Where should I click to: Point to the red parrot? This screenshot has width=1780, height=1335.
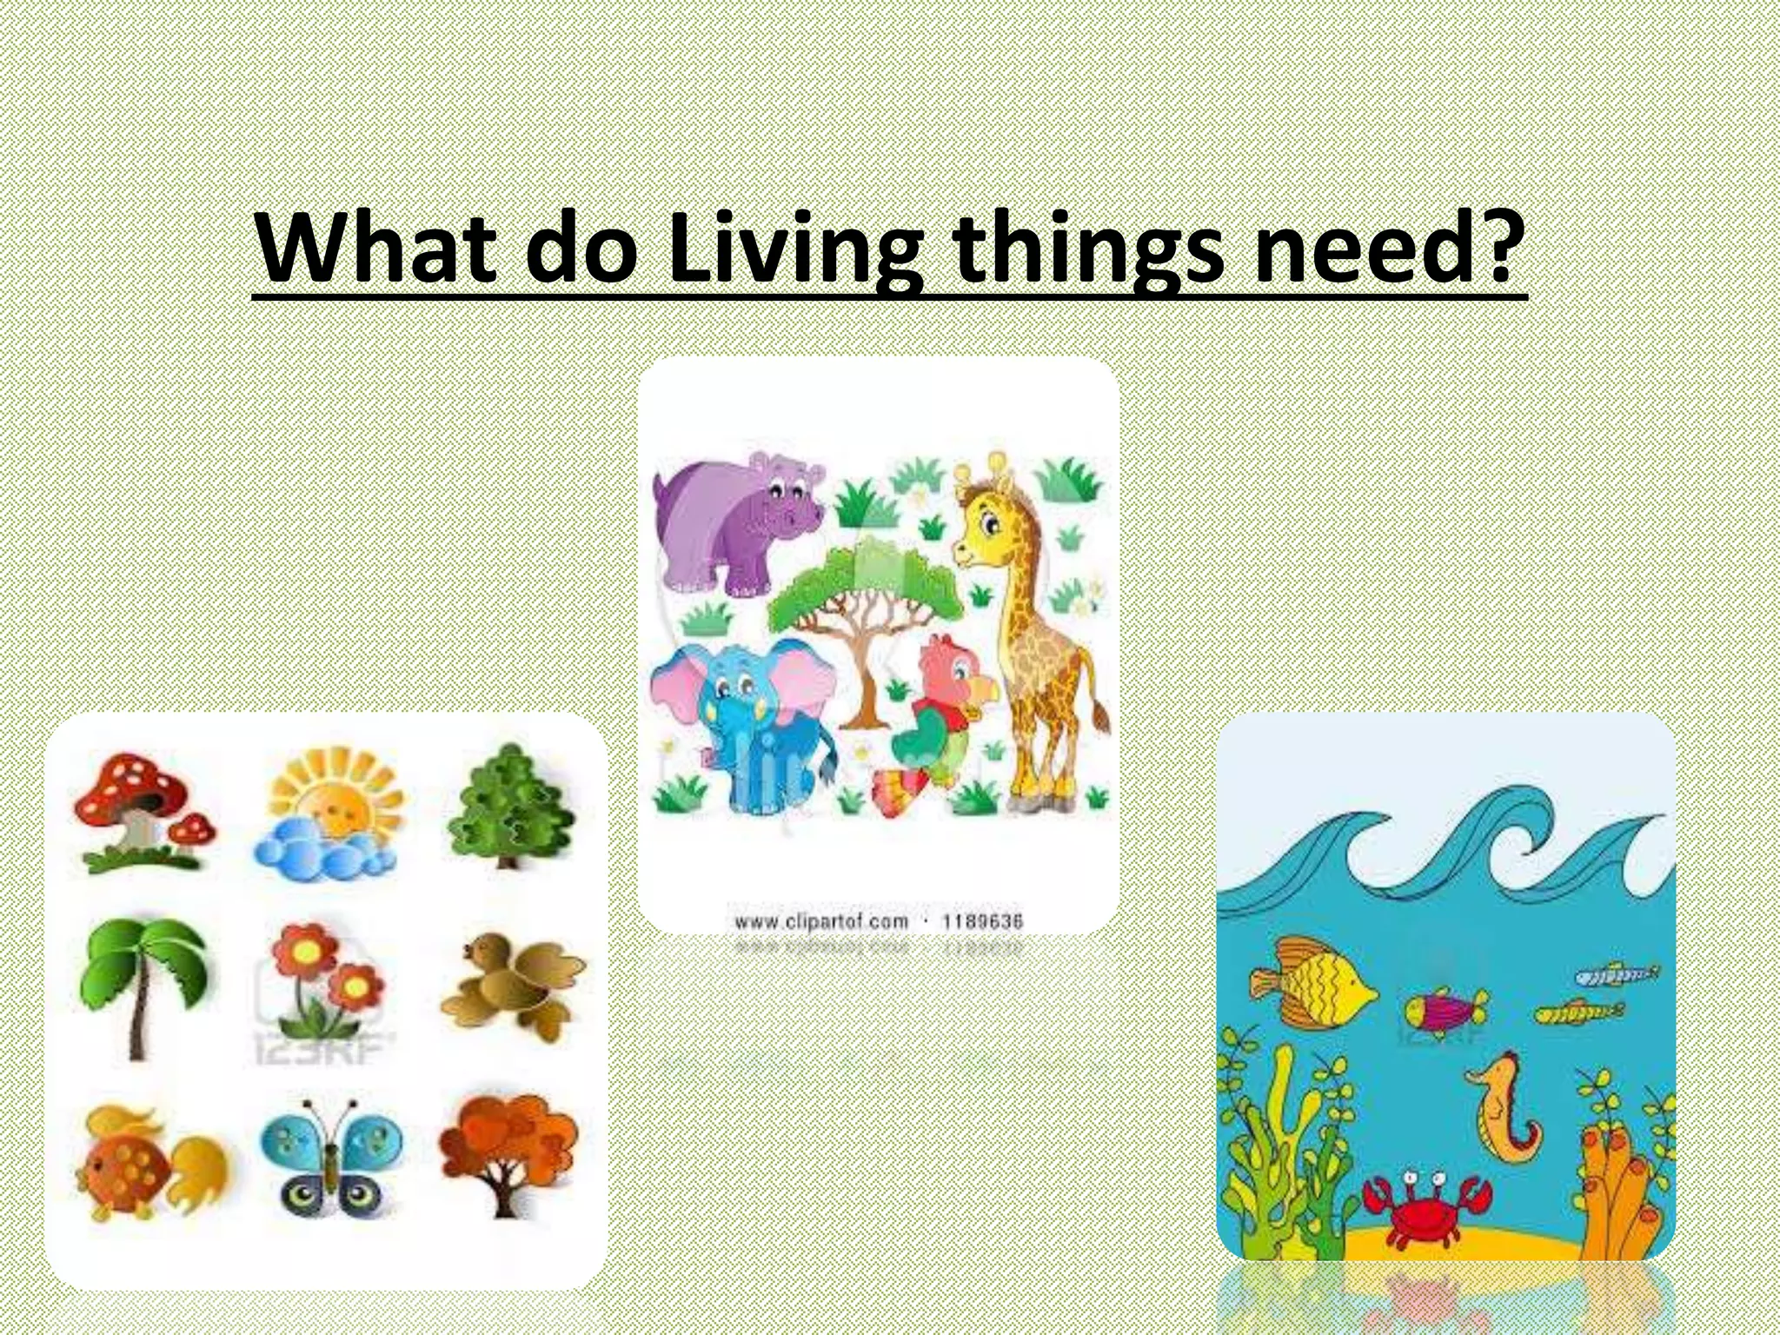942,713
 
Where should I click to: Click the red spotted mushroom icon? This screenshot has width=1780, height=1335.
144,812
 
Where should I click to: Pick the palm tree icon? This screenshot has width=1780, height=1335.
144,986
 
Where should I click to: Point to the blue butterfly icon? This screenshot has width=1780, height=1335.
331,1157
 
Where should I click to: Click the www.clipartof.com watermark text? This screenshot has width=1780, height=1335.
821,921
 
